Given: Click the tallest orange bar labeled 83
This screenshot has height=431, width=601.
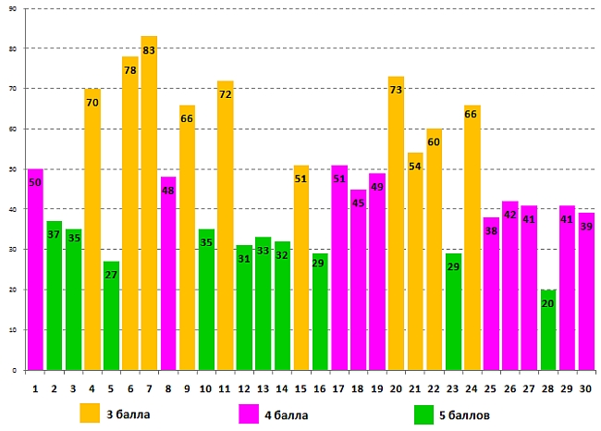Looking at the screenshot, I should point(149,203).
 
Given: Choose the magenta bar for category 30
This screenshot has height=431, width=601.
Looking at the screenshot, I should point(586,292).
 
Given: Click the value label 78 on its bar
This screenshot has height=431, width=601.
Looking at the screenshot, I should point(130,70).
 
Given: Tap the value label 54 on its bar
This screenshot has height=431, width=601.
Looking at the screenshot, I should point(415,166).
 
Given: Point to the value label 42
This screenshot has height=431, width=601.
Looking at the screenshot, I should point(510,215).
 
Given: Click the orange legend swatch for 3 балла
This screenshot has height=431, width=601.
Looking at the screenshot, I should point(91,413).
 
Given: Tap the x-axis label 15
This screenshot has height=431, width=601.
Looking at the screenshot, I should point(300,388).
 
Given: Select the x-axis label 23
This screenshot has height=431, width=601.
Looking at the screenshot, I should point(453,388).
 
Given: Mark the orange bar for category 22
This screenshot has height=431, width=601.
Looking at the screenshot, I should point(435,250).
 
